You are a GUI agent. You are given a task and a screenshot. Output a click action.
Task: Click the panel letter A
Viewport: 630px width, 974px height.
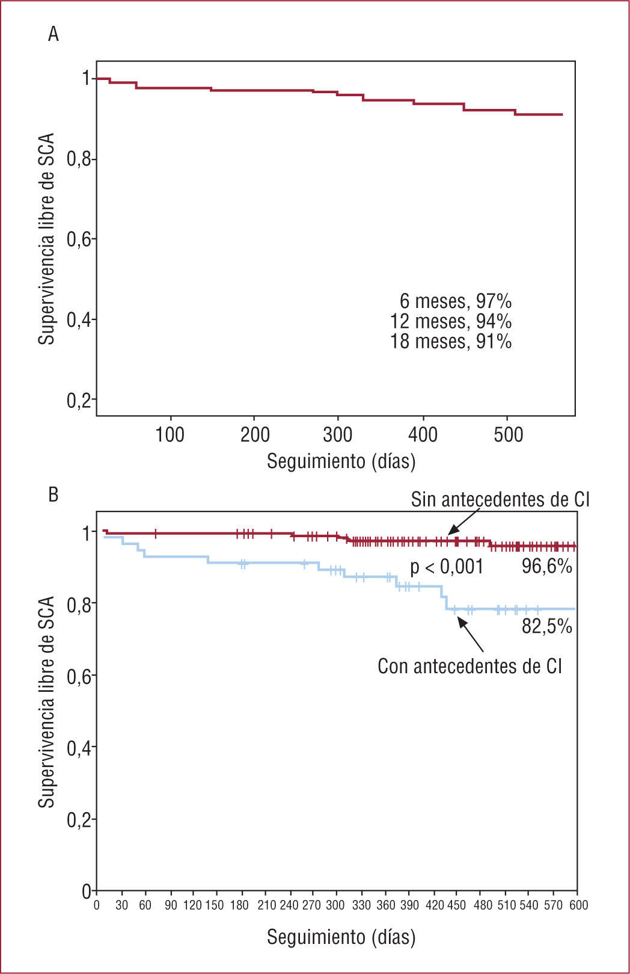pos(54,35)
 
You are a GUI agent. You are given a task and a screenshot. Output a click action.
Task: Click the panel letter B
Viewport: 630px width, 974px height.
pos(54,495)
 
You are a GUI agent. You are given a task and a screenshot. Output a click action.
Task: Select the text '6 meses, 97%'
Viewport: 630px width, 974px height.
pos(455,301)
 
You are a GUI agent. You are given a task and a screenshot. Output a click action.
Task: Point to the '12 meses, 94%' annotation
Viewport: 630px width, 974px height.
pos(451,321)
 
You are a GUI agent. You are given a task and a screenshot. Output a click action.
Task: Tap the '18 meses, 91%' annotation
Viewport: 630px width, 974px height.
pos(451,341)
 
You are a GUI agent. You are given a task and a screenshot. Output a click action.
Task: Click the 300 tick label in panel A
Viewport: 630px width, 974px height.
pos(338,434)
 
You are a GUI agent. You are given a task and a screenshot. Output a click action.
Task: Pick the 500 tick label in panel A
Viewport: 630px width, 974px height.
pos(508,434)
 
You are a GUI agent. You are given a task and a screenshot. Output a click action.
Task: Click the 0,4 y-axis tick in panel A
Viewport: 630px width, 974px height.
pos(78,320)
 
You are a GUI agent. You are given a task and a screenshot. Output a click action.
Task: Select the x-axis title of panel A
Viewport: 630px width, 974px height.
pos(341,461)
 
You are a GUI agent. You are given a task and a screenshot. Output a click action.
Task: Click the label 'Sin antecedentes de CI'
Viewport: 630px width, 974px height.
pos(500,499)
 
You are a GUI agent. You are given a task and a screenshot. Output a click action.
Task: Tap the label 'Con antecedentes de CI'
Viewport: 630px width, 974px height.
pos(469,666)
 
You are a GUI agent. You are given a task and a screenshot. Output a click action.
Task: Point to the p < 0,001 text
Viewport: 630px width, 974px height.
pos(446,567)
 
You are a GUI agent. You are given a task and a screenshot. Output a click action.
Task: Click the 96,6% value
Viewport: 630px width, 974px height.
pos(546,566)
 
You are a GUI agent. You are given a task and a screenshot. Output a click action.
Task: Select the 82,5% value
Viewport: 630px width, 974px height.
pos(546,626)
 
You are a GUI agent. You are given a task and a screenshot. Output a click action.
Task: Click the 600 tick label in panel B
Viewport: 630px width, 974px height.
pos(578,905)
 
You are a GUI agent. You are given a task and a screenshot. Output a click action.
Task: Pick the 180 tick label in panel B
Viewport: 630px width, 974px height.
pos(243,905)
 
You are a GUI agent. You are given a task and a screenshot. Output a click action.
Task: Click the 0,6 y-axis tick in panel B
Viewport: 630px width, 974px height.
pos(78,676)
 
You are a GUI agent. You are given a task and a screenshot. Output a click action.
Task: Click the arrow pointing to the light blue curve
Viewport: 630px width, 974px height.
pos(471,635)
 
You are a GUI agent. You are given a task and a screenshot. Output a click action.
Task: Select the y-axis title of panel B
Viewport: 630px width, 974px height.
pos(47,701)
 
